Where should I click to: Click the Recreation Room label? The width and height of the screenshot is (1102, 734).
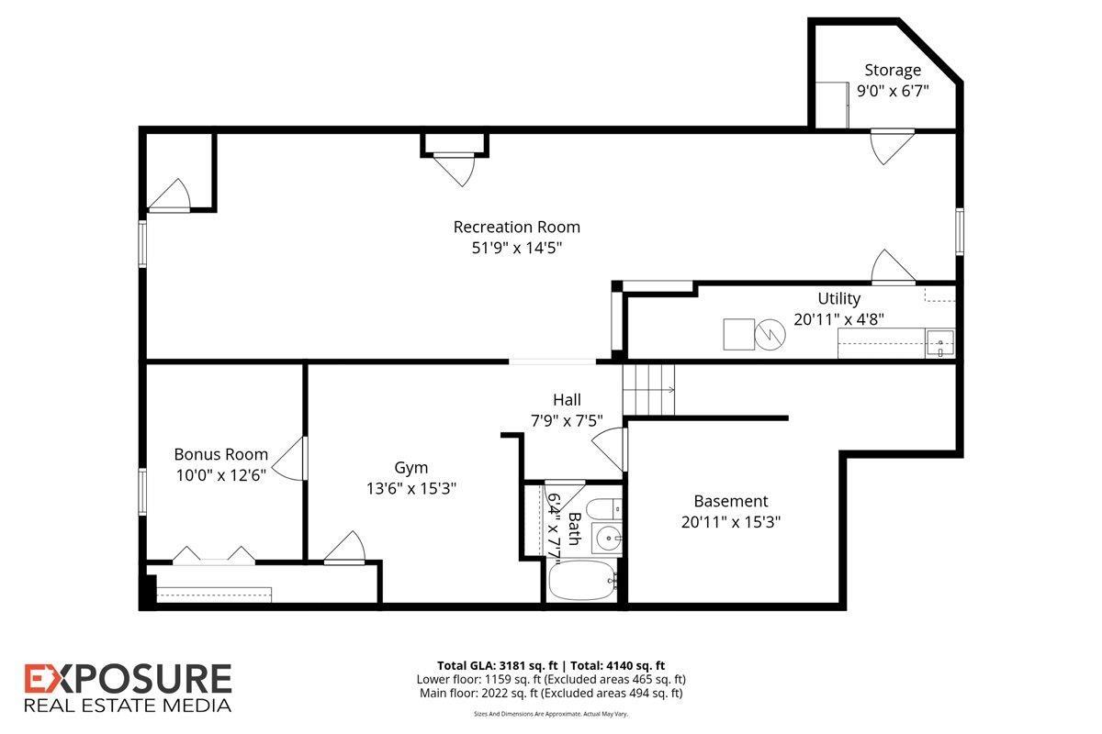[516, 227]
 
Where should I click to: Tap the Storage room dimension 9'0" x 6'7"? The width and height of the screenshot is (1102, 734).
[893, 91]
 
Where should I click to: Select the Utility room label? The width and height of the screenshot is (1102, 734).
[838, 298]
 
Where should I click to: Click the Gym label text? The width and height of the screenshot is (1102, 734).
[410, 468]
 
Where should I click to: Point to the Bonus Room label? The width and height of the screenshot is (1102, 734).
[220, 454]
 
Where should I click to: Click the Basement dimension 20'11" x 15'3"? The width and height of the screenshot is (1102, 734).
[730, 521]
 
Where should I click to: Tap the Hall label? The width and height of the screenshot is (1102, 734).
[566, 400]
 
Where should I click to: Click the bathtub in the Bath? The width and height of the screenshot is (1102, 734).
[582, 582]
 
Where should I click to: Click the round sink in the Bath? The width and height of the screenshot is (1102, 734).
[606, 538]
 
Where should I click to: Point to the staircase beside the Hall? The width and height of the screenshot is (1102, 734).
[648, 389]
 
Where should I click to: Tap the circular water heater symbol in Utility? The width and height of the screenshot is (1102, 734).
[770, 335]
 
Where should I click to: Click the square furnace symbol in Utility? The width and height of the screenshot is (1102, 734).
[737, 334]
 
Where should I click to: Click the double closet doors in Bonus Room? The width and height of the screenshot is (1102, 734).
[214, 554]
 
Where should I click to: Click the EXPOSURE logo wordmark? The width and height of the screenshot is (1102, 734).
[128, 679]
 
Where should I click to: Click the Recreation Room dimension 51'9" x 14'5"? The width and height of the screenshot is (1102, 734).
[516, 248]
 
